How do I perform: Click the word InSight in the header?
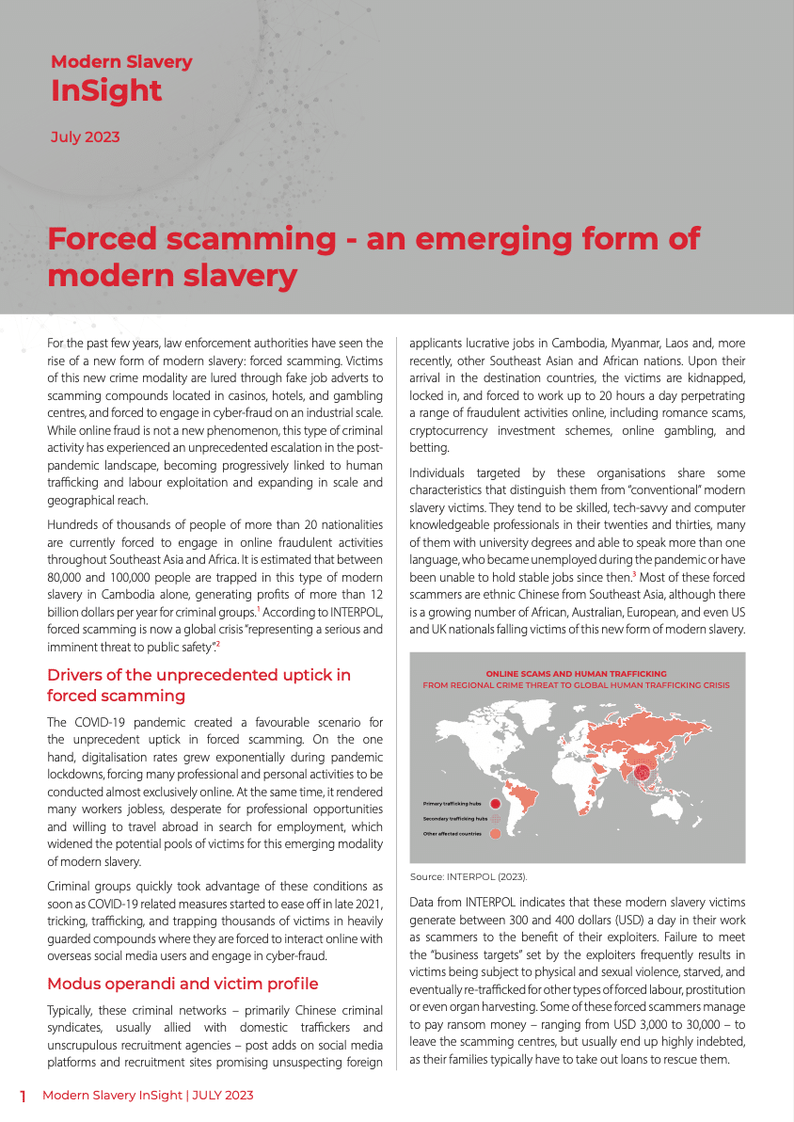coord(106,91)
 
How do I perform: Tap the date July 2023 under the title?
coord(85,137)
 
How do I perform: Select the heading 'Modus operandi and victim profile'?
coord(183,984)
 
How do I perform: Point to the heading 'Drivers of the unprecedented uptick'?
coord(198,675)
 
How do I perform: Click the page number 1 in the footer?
coord(24,1097)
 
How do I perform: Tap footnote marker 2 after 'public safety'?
coord(218,644)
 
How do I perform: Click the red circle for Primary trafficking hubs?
coord(495,804)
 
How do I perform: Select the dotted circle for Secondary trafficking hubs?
coord(495,819)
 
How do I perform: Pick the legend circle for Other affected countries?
coord(495,834)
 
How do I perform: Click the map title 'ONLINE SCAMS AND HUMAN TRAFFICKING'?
coord(576,674)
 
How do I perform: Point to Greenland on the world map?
coord(532,708)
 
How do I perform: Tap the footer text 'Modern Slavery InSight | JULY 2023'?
coord(148,1096)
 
